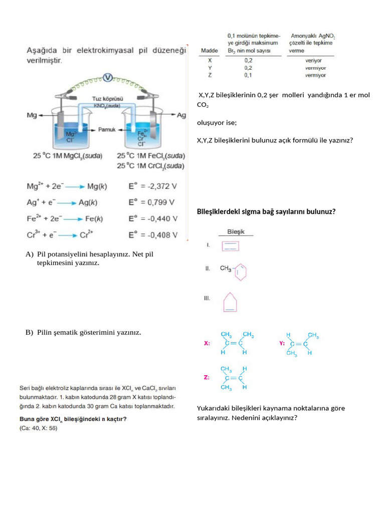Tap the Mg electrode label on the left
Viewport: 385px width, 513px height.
click(32, 115)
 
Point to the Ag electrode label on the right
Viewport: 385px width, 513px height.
click(181, 115)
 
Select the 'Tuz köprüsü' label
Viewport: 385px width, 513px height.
click(107, 99)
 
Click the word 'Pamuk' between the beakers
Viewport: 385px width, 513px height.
click(107, 129)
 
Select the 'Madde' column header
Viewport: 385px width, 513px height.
click(210, 51)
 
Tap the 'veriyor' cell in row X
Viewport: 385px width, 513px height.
click(313, 60)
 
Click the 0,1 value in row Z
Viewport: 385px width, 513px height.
click(248, 75)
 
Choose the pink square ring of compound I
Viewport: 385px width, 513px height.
click(231, 246)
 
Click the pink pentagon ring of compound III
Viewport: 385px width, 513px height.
click(230, 302)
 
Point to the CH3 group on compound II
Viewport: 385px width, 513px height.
click(226, 269)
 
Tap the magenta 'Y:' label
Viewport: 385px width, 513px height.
click(282, 344)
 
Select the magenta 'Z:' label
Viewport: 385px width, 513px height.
click(207, 377)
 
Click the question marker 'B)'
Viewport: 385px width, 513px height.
click(29, 332)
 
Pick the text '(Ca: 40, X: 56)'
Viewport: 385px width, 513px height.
click(38, 429)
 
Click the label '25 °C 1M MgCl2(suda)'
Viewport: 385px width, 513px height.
click(68, 156)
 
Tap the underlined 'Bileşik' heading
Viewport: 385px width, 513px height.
click(236, 232)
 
